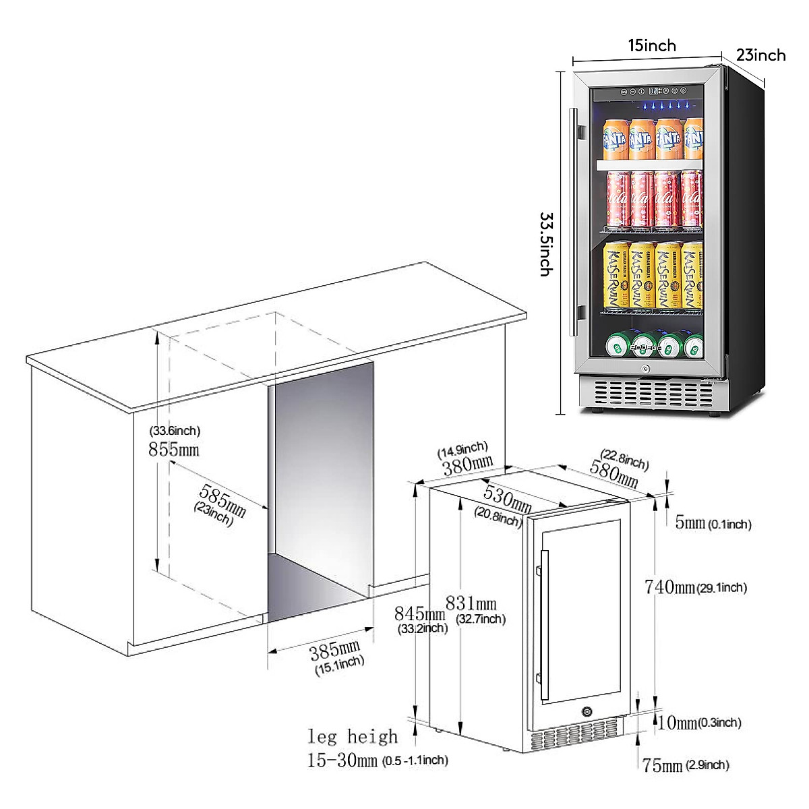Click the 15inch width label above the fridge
click(652, 45)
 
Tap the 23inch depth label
click(760, 55)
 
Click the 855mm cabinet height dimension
click(173, 449)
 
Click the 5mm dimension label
click(690, 523)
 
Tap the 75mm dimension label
click(662, 765)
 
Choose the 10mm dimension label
click(678, 723)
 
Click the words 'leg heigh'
click(352, 736)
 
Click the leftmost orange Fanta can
click(613, 139)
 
